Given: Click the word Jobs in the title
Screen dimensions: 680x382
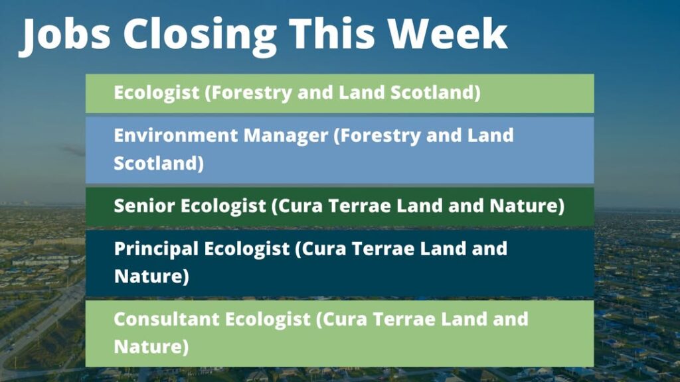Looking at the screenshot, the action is click(x=65, y=35).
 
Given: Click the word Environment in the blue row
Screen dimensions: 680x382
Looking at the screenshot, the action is click(x=175, y=135).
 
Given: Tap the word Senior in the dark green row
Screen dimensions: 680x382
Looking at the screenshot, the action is click(x=144, y=206).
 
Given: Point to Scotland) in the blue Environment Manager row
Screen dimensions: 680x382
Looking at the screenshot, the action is click(x=159, y=163).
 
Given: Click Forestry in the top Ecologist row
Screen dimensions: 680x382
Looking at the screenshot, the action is click(x=248, y=93).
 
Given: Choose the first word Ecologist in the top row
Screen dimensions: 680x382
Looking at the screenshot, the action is click(x=157, y=93).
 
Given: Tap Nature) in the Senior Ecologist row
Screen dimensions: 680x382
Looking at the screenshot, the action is click(x=527, y=206).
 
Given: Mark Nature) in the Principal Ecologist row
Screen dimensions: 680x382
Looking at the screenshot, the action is click(x=151, y=277).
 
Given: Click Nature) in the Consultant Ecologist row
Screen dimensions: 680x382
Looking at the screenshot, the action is click(x=151, y=347).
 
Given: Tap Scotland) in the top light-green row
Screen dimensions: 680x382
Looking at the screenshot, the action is click(x=436, y=93).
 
